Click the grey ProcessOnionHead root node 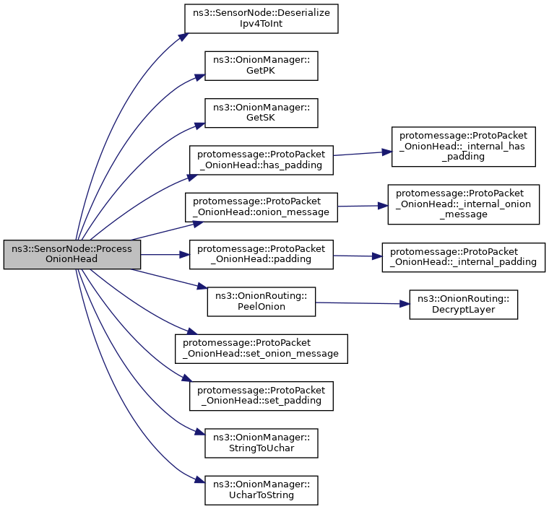coord(72,254)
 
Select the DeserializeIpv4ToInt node coord(261,18)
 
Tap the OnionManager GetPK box coord(261,66)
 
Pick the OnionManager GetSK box coord(261,113)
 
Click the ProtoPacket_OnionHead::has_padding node coord(261,160)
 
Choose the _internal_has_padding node coord(463,147)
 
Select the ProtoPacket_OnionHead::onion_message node coord(261,207)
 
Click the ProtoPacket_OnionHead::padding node coord(261,254)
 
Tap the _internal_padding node coord(463,258)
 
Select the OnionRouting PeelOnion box coord(261,301)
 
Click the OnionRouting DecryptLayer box coord(463,305)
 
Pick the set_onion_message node coord(261,349)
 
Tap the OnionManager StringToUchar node coord(261,443)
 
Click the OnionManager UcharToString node coord(261,490)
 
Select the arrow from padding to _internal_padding coord(358,256)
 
